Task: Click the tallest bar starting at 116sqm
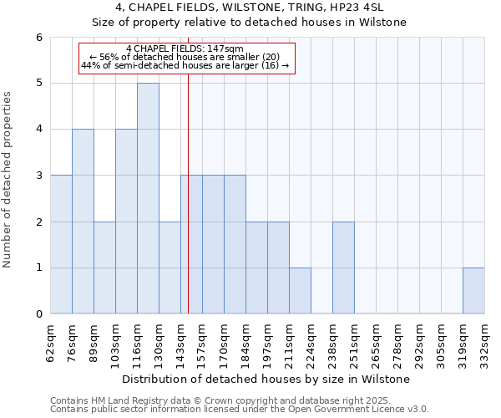(x=148, y=198)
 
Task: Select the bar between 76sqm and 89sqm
(x=83, y=222)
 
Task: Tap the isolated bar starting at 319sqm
(x=473, y=291)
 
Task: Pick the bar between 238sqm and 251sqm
(x=343, y=268)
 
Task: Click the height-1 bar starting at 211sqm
(x=300, y=291)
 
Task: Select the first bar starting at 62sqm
(x=61, y=244)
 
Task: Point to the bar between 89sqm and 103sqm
(x=104, y=268)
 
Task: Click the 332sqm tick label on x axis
(x=485, y=341)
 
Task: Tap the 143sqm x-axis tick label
(x=181, y=341)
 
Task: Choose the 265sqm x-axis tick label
(x=377, y=341)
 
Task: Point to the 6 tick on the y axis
(x=38, y=38)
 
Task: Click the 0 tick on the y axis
(x=38, y=314)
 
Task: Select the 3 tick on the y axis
(x=38, y=176)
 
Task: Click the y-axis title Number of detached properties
(x=8, y=180)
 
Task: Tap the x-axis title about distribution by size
(x=267, y=379)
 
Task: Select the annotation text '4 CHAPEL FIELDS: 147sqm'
(x=185, y=48)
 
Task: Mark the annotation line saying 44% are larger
(x=185, y=65)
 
